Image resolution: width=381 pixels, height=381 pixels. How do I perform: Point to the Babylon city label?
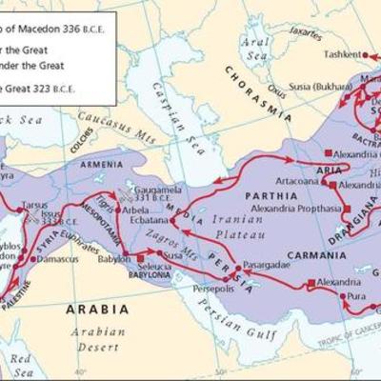click(x=113, y=257)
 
